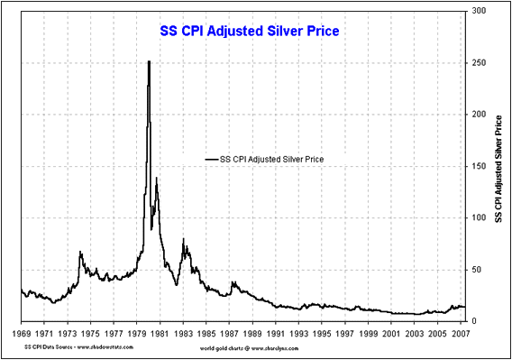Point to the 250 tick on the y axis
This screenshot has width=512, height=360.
479,62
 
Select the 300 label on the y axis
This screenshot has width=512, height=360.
479,11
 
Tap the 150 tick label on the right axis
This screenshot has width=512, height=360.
479,166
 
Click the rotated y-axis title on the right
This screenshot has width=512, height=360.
499,167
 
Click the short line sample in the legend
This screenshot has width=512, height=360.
213,159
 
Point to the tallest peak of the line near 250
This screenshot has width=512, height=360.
149,62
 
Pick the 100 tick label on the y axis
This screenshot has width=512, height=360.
479,217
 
